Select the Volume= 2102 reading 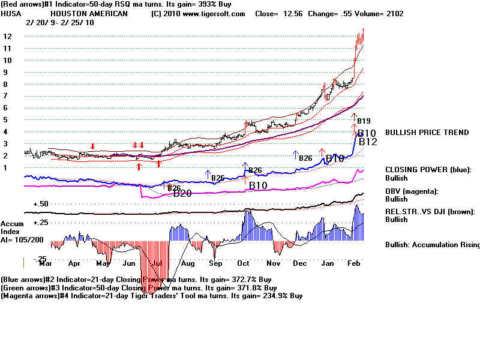pyautogui.click(x=382, y=14)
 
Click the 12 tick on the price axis pyautogui.click(x=8, y=37)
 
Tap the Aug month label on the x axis pyautogui.click(x=188, y=263)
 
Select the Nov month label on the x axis pyautogui.click(x=274, y=263)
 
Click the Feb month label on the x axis pyautogui.click(x=354, y=263)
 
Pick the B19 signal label pyautogui.click(x=364, y=121)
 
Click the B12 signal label pyautogui.click(x=368, y=142)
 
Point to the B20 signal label pyautogui.click(x=182, y=193)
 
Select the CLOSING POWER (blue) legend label pyautogui.click(x=428, y=170)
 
